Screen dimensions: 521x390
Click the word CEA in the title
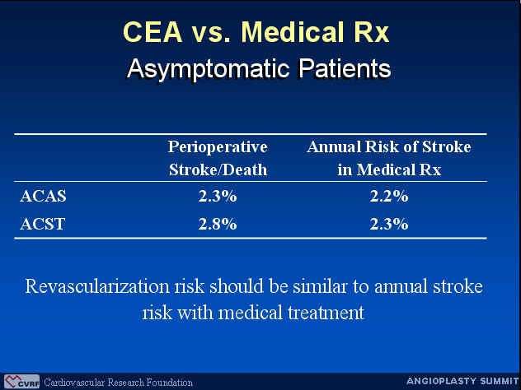point(153,32)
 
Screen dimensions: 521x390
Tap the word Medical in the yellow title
point(293,32)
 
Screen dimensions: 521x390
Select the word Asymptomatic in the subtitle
point(209,70)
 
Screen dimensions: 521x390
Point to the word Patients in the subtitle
point(345,68)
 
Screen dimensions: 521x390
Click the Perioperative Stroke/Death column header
point(218,158)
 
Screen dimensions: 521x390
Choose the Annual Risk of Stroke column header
point(389,158)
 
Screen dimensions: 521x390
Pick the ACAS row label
point(43,196)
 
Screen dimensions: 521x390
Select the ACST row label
point(42,224)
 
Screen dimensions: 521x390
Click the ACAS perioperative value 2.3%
point(218,196)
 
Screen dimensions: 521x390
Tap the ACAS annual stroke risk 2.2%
point(389,196)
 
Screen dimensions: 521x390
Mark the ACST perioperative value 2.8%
point(218,224)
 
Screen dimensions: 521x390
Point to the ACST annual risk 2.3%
point(389,224)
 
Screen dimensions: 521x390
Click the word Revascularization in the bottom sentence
point(97,286)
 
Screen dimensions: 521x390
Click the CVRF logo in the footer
point(22,382)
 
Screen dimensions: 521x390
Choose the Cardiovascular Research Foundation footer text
point(118,383)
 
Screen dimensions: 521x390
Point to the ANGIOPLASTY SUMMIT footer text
point(462,381)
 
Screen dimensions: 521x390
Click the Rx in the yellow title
point(372,32)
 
